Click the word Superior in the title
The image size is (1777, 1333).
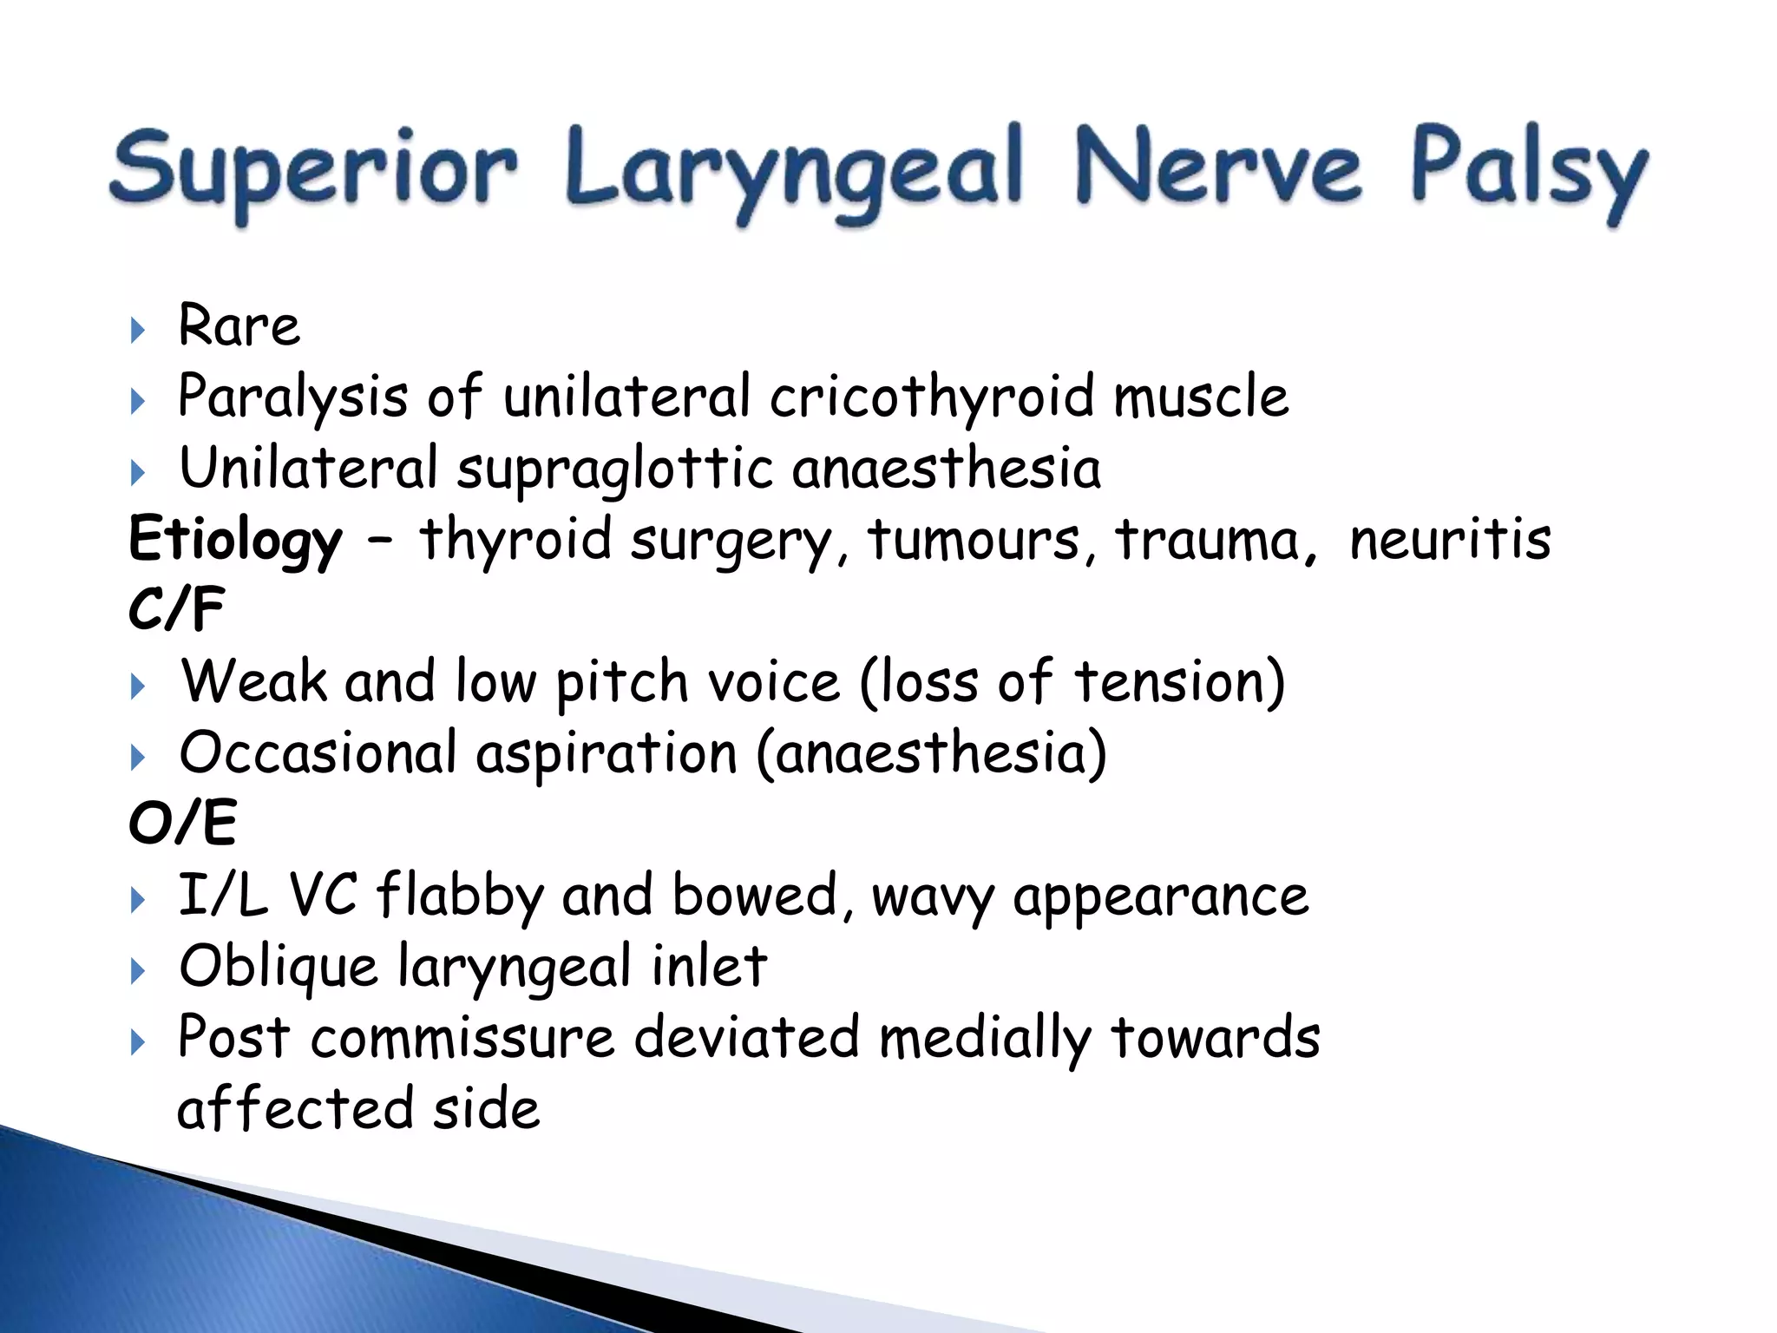pos(314,169)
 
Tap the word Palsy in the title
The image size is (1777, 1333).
pos(1529,169)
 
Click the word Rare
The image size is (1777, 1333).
pos(239,326)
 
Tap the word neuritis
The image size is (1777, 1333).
pos(1450,540)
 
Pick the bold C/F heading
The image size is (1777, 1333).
pos(177,609)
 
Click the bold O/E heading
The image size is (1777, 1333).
pos(182,823)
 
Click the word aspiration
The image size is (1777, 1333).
pos(607,754)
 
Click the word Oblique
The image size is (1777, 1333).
pos(279,967)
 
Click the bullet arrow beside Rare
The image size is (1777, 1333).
pos(137,330)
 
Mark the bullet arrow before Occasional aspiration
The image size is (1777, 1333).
pos(137,758)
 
